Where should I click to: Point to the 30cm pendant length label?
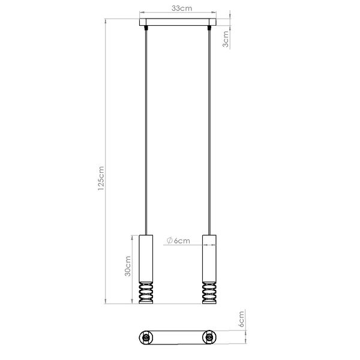[127, 267]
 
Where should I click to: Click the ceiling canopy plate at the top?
[178, 25]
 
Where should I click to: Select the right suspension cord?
[209, 132]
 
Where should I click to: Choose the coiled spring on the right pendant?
[209, 292]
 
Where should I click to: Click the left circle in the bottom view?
[146, 338]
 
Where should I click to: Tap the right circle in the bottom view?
[209, 338]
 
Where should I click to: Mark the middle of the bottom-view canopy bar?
[178, 338]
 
